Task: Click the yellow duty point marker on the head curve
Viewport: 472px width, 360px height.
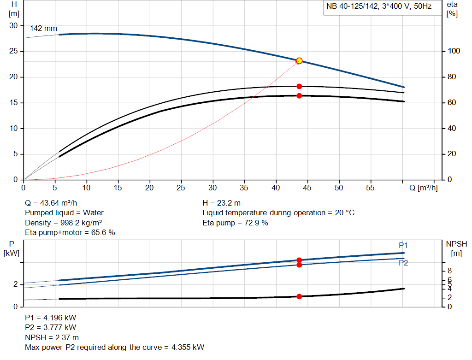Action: pyautogui.click(x=299, y=61)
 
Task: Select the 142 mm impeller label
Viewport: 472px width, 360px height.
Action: pyautogui.click(x=40, y=29)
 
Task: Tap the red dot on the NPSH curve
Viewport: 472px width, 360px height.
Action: pyautogui.click(x=299, y=296)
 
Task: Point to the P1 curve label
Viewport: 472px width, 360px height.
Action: pyautogui.click(x=403, y=245)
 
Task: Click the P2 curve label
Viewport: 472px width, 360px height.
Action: pyautogui.click(x=403, y=263)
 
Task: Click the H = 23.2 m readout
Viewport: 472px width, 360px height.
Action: pyautogui.click(x=221, y=203)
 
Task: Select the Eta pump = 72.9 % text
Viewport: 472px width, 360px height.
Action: pyautogui.click(x=235, y=223)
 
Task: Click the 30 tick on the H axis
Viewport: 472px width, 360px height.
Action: pyautogui.click(x=13, y=26)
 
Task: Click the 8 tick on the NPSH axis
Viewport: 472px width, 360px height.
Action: pyautogui.click(x=449, y=271)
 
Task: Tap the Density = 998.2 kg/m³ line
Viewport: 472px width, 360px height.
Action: pyautogui.click(x=63, y=223)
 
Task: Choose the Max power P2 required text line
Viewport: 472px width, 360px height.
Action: pyautogui.click(x=114, y=347)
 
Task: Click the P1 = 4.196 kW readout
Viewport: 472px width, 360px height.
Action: pyautogui.click(x=51, y=318)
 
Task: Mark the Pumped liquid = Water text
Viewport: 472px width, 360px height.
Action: pyautogui.click(x=64, y=212)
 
